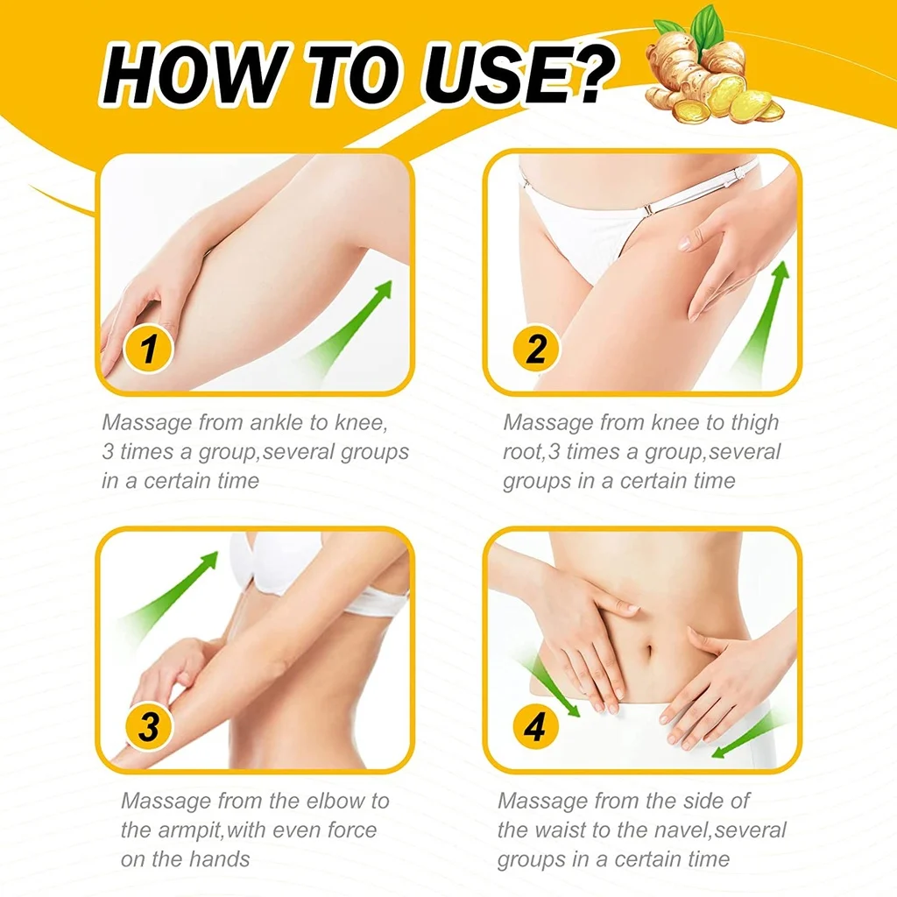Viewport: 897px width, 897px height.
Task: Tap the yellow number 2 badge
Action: point(536,351)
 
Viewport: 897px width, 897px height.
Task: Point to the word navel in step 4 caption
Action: point(667,830)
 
